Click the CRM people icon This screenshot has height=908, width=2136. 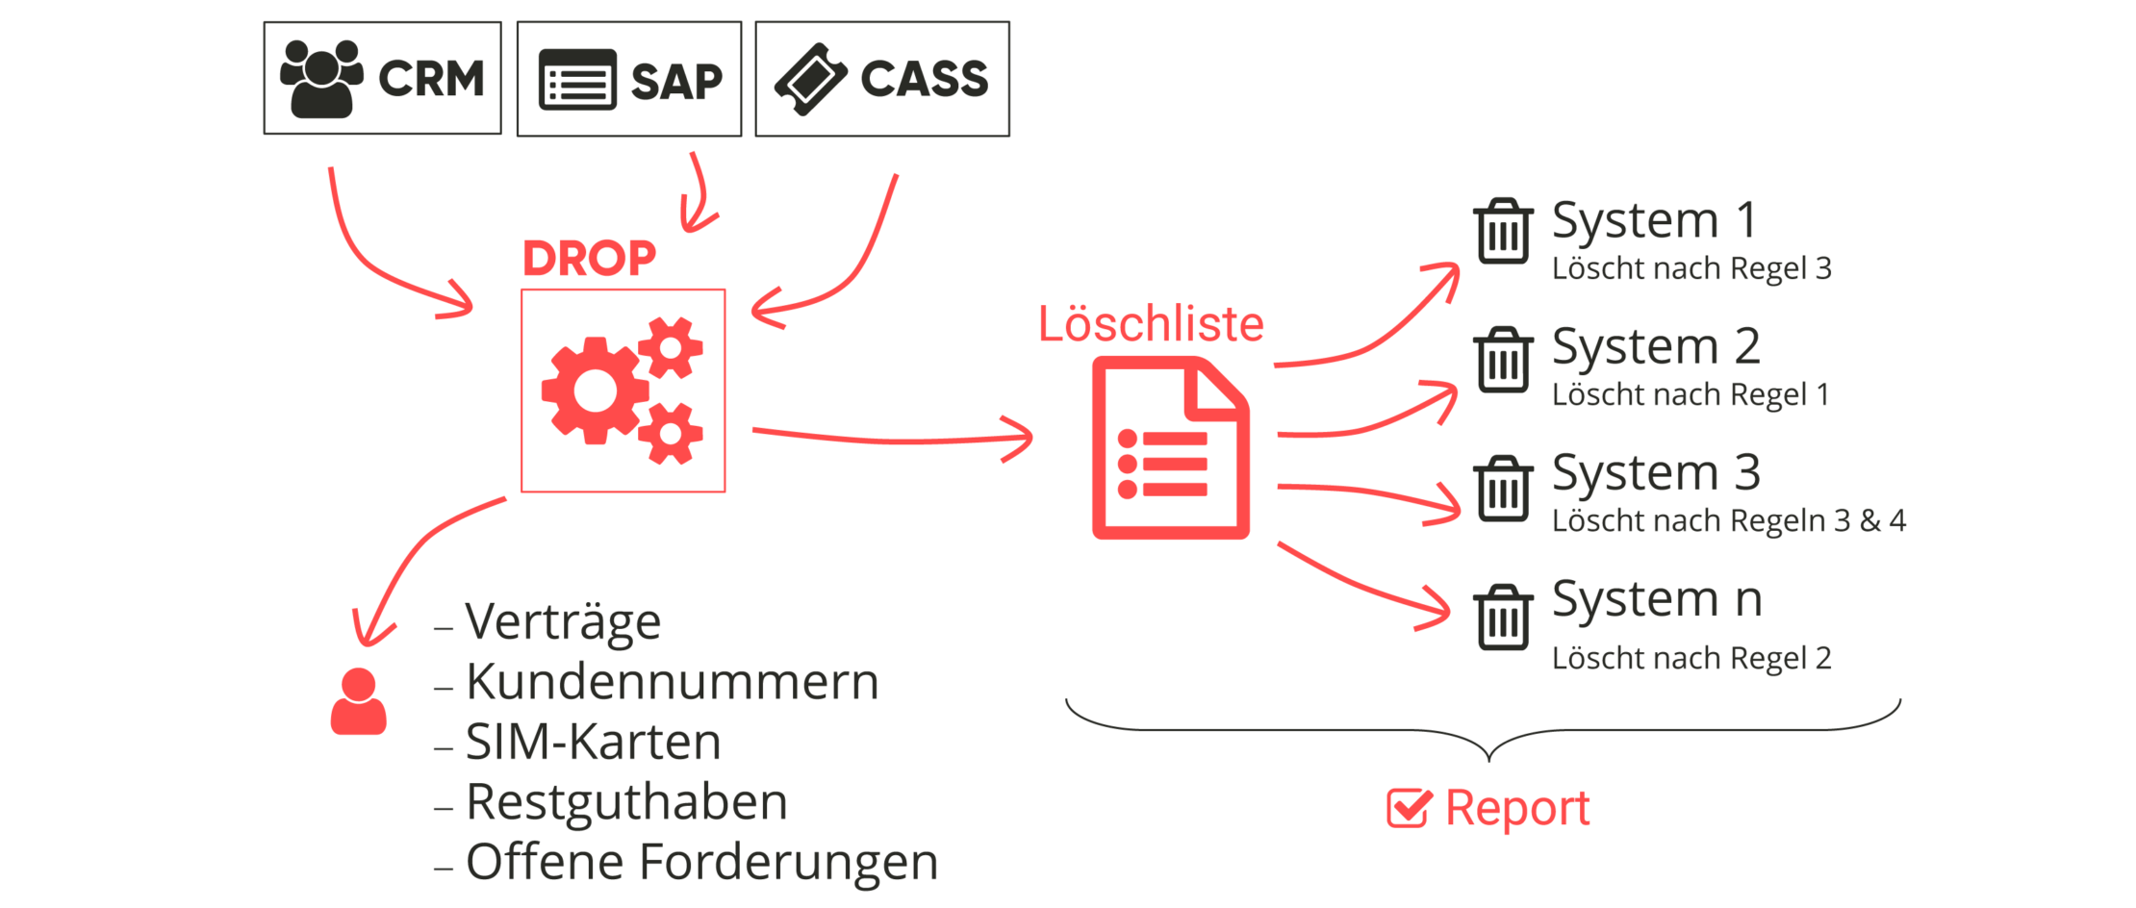pos(321,79)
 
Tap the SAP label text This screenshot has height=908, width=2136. pos(675,81)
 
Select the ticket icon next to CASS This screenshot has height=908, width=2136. pos(810,79)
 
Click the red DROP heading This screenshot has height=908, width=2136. pos(589,258)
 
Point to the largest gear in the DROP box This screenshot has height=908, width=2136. pos(593,390)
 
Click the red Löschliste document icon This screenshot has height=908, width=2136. pos(1170,447)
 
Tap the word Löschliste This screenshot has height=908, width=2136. pos(1151,324)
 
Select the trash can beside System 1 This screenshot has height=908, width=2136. pos(1503,231)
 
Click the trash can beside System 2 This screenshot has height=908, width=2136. pos(1503,359)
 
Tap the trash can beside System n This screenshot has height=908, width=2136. pos(1503,617)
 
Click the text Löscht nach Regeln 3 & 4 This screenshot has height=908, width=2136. pos(1728,520)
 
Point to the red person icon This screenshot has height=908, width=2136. pos(358,702)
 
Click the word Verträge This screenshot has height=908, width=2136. pos(563,621)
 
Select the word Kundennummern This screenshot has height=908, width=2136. pos(672,682)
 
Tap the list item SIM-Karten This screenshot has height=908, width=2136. pos(593,742)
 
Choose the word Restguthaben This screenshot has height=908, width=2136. pos(626,802)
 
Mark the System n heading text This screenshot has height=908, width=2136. pos(1657,599)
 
